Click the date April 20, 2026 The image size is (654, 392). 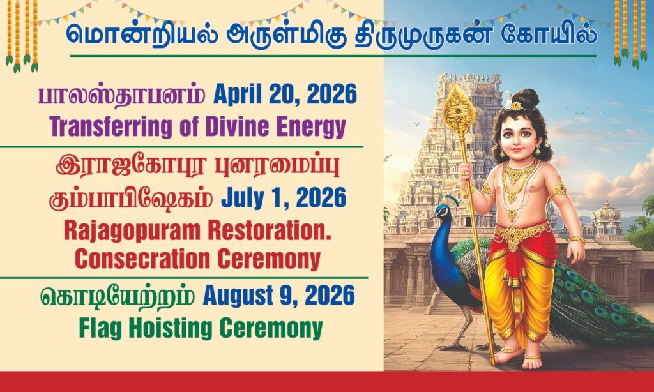pos(285,94)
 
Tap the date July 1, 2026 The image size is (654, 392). pos(284,198)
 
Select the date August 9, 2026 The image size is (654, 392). pos(279,296)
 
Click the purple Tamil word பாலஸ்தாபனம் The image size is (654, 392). pos(122,96)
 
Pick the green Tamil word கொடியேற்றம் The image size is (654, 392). pos(118,296)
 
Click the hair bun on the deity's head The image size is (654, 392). pos(526,98)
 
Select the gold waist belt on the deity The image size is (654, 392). pos(522,233)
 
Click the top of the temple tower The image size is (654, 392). pos(471,80)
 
